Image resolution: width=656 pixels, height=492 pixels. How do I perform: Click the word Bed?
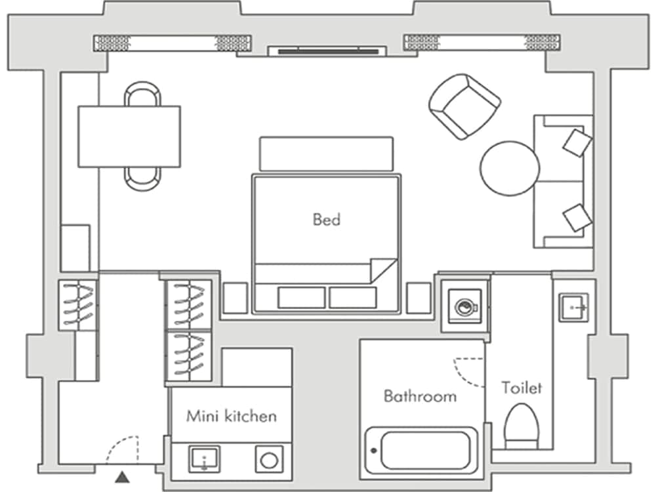pos(326,219)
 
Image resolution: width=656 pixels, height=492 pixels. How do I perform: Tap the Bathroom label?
pos(420,396)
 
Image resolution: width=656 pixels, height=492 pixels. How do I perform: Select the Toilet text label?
pos(522,388)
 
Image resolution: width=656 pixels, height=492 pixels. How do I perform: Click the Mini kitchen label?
pos(231,416)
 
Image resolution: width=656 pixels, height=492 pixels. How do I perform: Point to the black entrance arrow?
pos(123,477)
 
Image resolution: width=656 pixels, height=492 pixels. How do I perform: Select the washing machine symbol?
pos(464,306)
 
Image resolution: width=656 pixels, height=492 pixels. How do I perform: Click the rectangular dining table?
pos(129,136)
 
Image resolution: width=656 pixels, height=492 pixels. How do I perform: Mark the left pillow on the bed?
pos(301,297)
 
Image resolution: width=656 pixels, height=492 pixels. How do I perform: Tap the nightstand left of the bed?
pos(235,298)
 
